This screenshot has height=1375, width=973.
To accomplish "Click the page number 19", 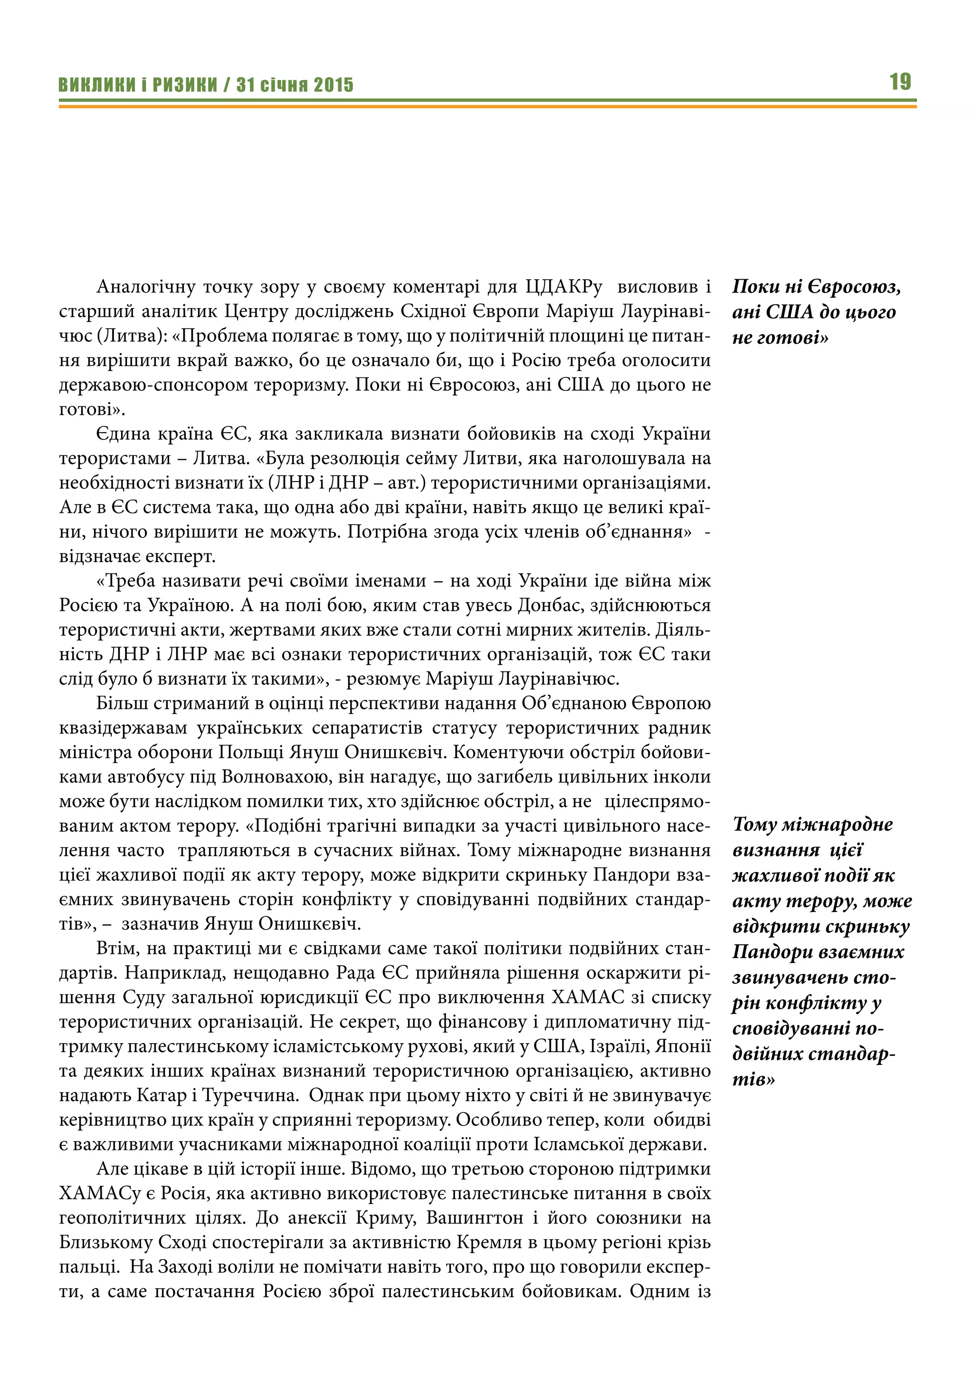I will (x=900, y=82).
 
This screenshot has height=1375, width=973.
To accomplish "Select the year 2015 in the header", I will (x=334, y=85).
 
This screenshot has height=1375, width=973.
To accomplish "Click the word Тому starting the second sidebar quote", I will (x=756, y=825).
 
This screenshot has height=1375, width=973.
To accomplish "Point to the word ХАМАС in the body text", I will (x=583, y=997).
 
